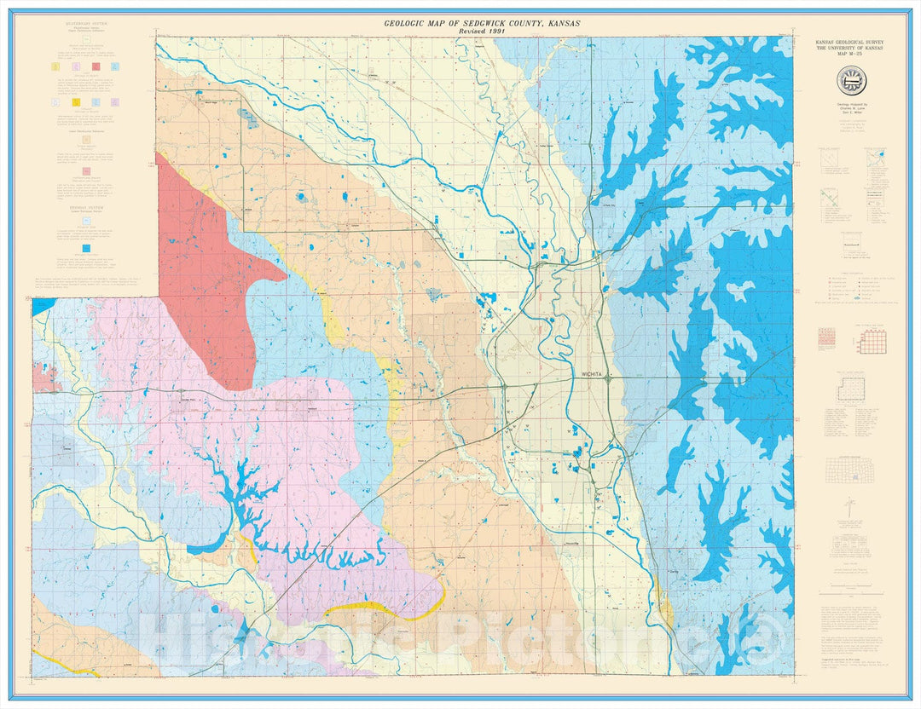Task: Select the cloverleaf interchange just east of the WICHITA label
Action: [606, 379]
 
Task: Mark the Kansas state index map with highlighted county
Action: [853, 470]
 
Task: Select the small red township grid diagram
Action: [827, 337]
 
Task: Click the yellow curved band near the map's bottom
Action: [384, 607]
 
